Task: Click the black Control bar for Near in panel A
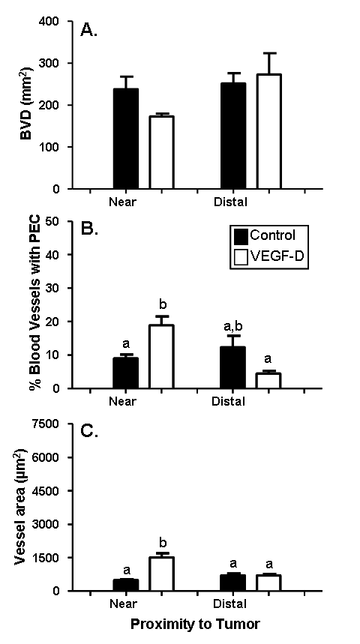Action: tap(126, 139)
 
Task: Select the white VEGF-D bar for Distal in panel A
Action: tap(268, 131)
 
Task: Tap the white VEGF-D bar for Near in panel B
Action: tap(161, 356)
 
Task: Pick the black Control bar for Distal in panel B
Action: tap(233, 367)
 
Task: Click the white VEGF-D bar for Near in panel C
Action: tap(161, 574)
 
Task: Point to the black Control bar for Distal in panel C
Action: tap(233, 583)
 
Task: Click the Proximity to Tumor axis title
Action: tap(195, 625)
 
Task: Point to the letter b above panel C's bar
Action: tap(161, 541)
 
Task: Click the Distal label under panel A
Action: tap(230, 202)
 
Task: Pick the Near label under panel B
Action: tap(122, 401)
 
